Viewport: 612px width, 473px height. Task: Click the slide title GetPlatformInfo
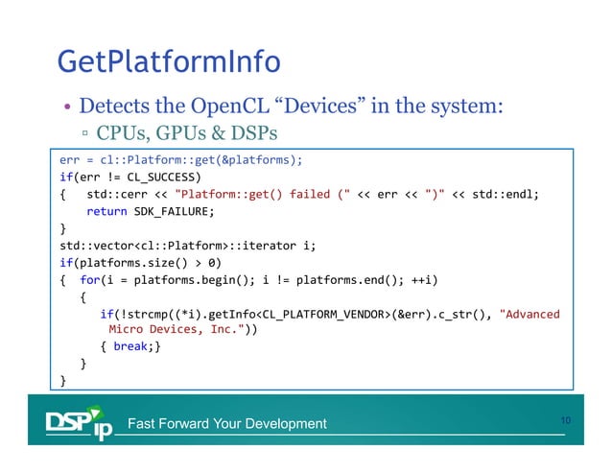[x=168, y=62]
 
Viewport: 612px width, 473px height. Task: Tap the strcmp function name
[x=143, y=314]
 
